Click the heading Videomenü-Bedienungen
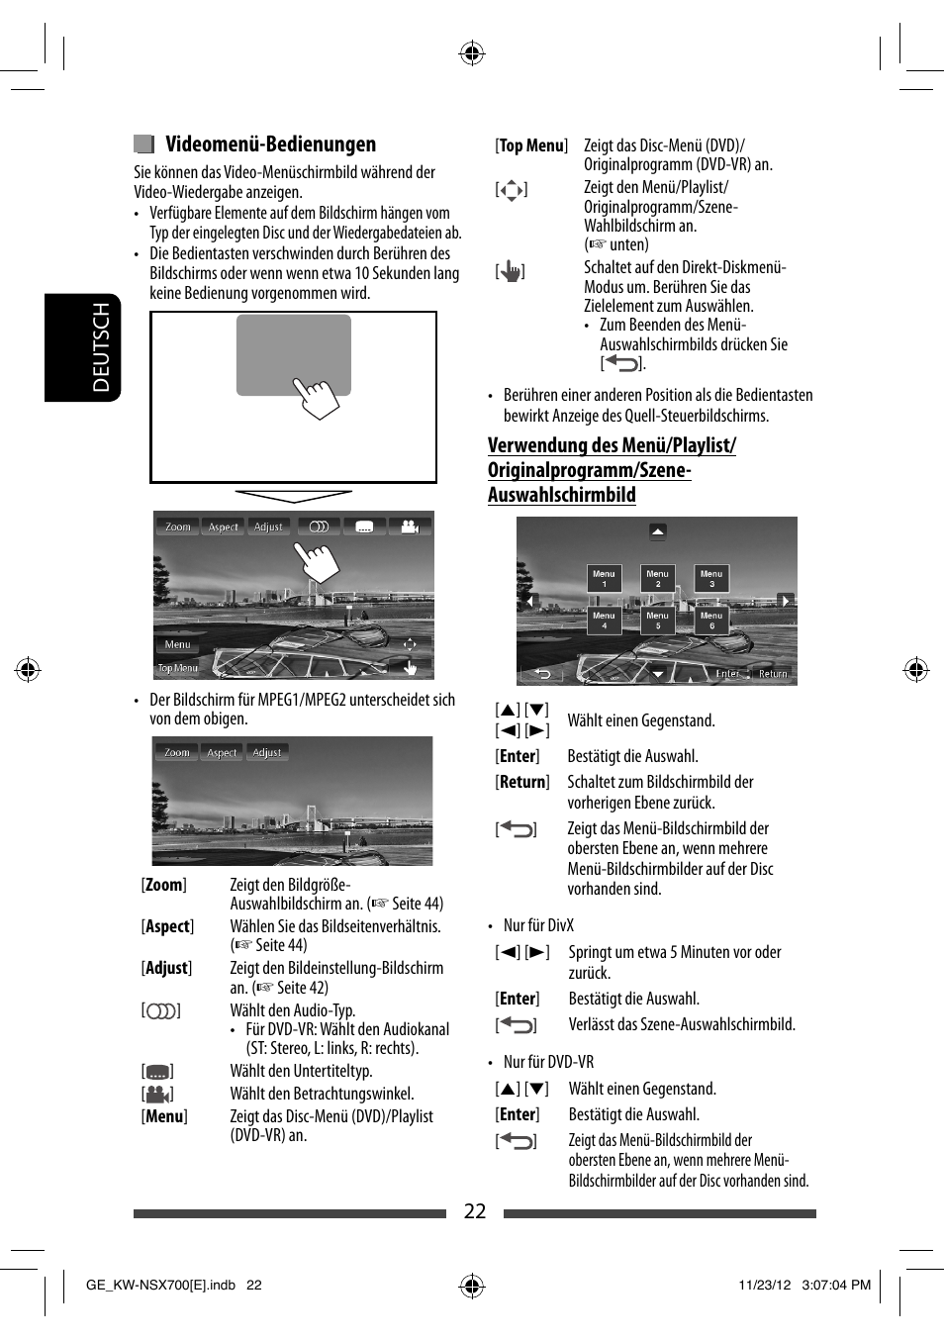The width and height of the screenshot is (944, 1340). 270,144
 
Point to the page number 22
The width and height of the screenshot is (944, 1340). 475,1211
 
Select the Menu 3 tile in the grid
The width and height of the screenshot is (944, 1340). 711,579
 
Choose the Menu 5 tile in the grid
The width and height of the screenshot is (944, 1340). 657,621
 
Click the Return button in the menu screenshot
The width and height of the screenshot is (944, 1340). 773,673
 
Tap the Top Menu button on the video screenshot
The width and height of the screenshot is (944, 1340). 178,669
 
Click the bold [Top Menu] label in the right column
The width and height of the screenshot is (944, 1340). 531,145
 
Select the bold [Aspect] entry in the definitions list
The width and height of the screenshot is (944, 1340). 167,926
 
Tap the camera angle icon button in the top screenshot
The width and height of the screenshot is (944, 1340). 410,526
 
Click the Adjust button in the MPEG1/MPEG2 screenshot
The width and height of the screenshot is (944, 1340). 267,752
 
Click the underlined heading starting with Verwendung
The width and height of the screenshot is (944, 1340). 612,470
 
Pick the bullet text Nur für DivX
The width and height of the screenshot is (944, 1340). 538,925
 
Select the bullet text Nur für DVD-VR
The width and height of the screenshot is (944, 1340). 548,1062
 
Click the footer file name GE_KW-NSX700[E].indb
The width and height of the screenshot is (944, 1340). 160,1285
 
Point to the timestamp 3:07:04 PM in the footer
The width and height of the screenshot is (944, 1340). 836,1285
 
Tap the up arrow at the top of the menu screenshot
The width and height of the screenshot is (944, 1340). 658,531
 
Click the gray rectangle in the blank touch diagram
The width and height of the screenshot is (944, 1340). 293,354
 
